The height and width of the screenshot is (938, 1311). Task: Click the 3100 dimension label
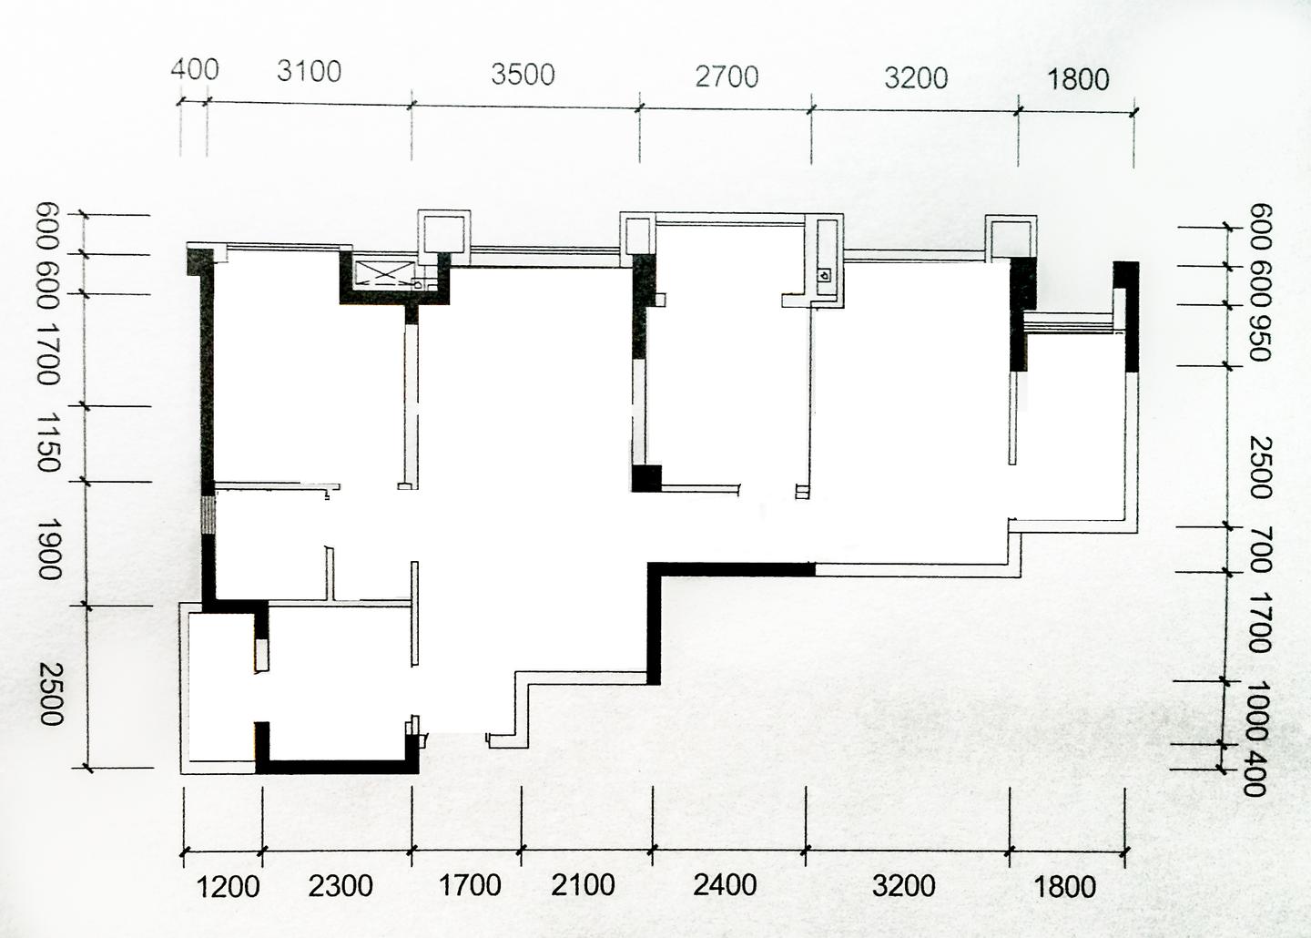tap(309, 71)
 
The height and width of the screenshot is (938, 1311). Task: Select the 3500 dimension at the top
tap(523, 75)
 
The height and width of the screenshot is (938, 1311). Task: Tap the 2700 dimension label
tap(727, 76)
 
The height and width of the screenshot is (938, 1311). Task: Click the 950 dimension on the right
tap(1259, 336)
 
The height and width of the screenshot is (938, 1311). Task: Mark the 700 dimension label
tap(1259, 549)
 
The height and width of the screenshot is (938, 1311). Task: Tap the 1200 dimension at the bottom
tap(228, 886)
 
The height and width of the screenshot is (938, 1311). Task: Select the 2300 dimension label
tap(340, 885)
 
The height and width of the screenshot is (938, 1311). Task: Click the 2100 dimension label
tap(583, 884)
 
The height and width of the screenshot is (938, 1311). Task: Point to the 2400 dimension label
tap(725, 884)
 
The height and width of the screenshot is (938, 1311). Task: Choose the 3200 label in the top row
tap(916, 78)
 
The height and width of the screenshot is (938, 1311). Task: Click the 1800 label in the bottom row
tap(1064, 886)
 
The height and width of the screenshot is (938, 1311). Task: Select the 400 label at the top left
tap(194, 69)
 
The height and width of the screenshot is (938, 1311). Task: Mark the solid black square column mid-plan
tap(646, 478)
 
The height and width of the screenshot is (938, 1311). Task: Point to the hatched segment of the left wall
tap(208, 514)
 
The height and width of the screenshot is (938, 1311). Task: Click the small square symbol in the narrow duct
tap(825, 274)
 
